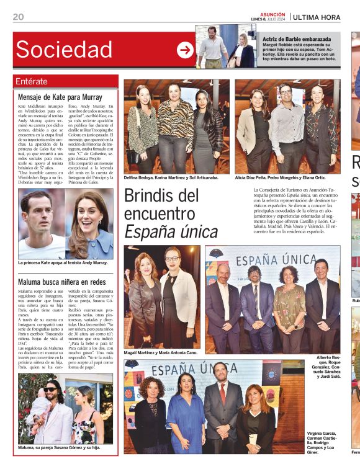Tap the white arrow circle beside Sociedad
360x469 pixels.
[x=185, y=50]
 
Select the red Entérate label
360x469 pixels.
[x=32, y=81]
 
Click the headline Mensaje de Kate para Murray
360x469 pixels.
[x=60, y=97]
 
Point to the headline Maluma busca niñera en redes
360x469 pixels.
[x=62, y=282]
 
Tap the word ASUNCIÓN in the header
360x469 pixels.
[x=272, y=14]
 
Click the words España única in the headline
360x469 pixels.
[x=171, y=231]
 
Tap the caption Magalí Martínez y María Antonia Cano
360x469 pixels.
[x=161, y=352]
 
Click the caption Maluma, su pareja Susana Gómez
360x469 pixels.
[x=59, y=447]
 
